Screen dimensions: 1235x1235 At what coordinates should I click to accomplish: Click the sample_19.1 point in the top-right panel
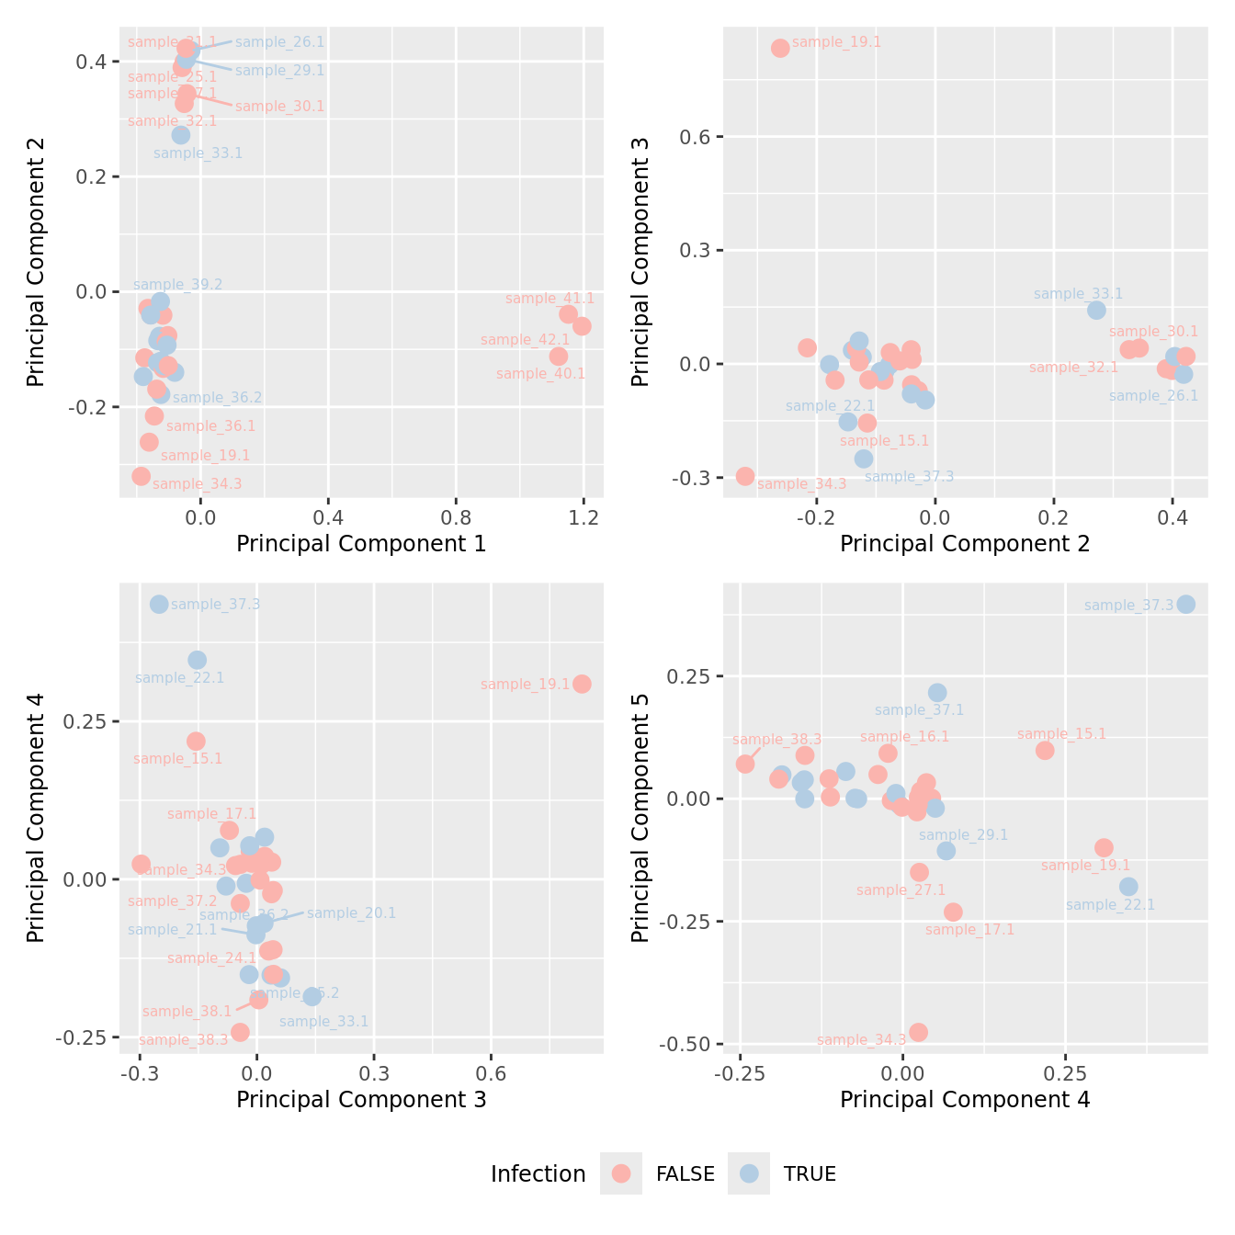tap(780, 48)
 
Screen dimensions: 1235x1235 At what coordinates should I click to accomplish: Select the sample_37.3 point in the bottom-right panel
tap(1185, 604)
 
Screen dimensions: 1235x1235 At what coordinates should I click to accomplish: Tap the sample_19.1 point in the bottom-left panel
tap(582, 684)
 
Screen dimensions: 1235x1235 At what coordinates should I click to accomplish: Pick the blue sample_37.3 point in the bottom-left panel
tap(159, 604)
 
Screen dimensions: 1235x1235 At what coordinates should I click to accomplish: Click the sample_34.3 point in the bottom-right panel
tap(918, 1032)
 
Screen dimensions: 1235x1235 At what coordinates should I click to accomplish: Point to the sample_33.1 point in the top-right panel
tap(1096, 310)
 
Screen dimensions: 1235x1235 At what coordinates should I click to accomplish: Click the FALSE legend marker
tap(621, 1173)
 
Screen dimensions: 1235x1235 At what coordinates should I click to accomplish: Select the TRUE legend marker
tap(750, 1173)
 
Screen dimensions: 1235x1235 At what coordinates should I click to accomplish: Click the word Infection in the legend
tap(538, 1174)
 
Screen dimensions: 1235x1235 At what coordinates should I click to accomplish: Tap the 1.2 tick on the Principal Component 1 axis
tap(584, 517)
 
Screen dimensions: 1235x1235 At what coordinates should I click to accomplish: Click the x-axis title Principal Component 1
tap(361, 544)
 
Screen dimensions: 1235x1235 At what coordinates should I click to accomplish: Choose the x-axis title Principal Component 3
tap(361, 1100)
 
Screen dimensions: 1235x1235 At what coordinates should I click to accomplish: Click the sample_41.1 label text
tap(550, 299)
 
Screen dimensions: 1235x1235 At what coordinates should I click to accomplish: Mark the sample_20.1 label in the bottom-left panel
tap(351, 912)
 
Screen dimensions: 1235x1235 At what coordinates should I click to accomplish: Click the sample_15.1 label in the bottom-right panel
tap(1061, 734)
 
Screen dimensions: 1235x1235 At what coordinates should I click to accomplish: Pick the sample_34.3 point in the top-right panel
tap(745, 476)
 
